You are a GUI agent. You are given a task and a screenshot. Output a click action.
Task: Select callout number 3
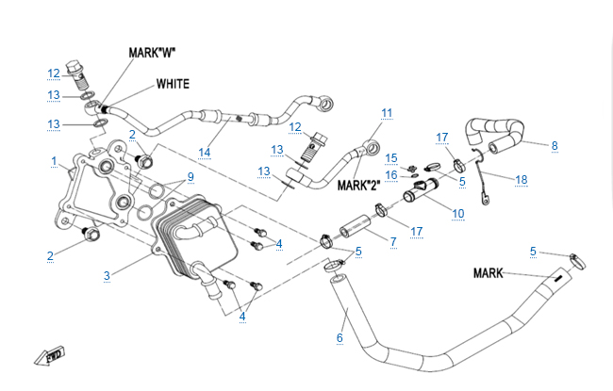pos(107,275)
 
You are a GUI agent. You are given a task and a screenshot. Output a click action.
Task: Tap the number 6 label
pos(340,337)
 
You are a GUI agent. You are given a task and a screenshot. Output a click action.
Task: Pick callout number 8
pos(555,146)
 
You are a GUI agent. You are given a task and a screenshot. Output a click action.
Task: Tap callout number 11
pos(386,113)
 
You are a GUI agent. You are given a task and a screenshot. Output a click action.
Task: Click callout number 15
pos(392,157)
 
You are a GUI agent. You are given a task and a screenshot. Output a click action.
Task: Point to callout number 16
pos(392,173)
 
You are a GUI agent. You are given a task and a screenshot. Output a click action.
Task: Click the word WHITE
pos(173,84)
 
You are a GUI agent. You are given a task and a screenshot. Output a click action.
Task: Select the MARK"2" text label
pos(357,186)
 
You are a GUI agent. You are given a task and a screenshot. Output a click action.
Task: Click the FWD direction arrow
pos(45,358)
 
